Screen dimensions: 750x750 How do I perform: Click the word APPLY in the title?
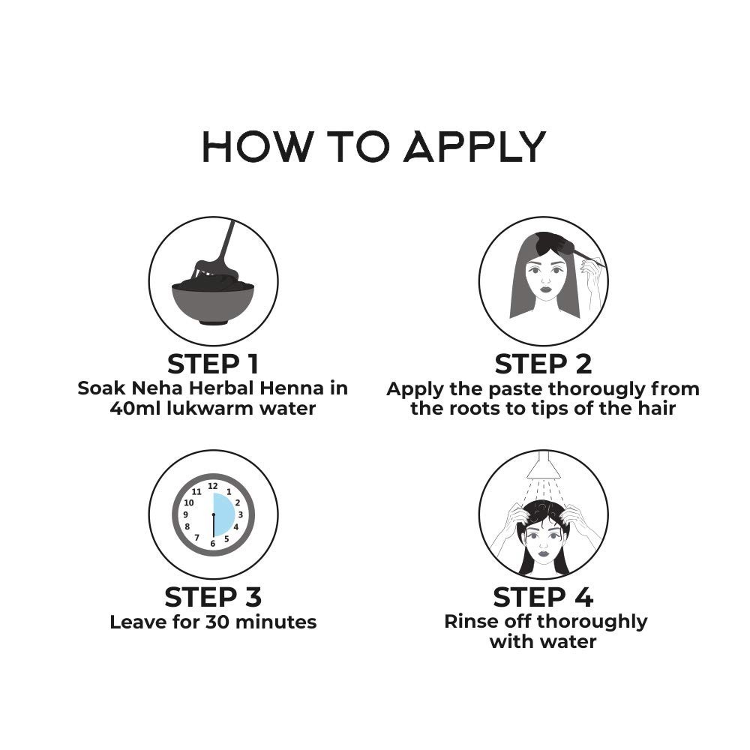coord(475,146)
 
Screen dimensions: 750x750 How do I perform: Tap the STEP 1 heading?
coord(213,364)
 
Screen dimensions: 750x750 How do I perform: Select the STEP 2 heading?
coord(543,364)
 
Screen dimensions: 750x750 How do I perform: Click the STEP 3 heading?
coord(213,597)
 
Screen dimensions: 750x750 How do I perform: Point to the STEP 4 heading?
coord(543,597)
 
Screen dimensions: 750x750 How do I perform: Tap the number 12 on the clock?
coord(213,487)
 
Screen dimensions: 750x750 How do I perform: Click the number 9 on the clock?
coord(185,514)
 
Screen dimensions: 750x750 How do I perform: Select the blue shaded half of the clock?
coord(223,514)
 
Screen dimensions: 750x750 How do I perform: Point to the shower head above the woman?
coord(543,464)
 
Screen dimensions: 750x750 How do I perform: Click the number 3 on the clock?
coord(241,514)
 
